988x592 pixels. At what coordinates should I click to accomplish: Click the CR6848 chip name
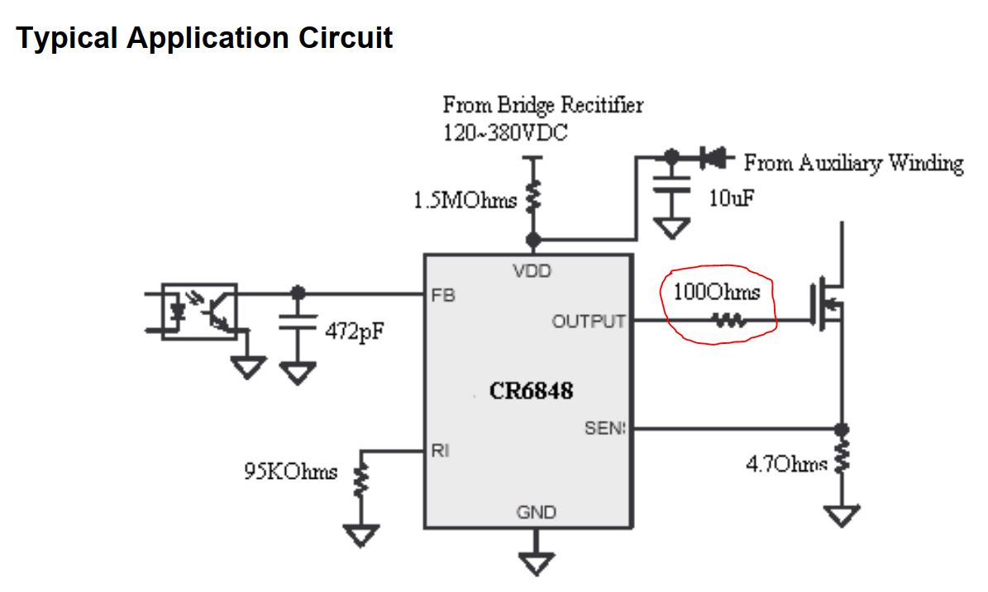(x=531, y=390)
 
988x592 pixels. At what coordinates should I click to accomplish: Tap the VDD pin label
(x=533, y=271)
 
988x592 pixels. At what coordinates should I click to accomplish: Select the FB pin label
(x=443, y=295)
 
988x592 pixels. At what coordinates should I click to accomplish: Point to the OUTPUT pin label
(x=589, y=321)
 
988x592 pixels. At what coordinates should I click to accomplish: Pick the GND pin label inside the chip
(x=537, y=513)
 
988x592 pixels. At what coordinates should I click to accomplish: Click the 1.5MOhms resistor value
(x=465, y=200)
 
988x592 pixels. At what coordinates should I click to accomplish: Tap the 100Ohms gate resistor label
(x=716, y=292)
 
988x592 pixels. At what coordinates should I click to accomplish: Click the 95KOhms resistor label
(x=290, y=472)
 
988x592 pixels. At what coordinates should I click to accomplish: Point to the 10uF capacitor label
(x=732, y=199)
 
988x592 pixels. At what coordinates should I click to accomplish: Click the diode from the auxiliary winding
(x=710, y=155)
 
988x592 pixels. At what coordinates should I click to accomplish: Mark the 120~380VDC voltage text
(x=505, y=132)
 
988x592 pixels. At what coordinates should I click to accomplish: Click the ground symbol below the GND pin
(x=537, y=562)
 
